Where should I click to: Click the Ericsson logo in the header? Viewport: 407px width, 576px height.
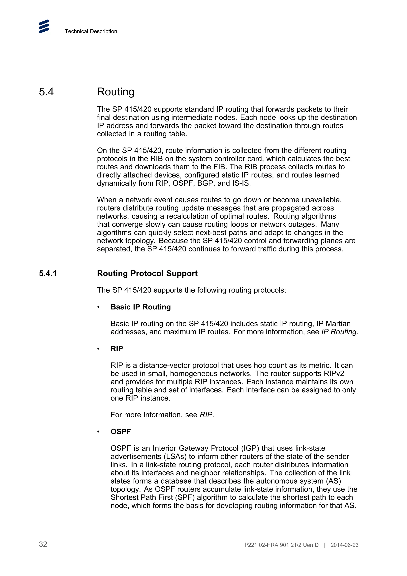coord(44,26)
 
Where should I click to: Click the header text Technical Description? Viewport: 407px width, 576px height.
coord(91,31)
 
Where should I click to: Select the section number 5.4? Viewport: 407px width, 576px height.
coord(46,92)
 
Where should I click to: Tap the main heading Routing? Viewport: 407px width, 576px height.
coord(116,92)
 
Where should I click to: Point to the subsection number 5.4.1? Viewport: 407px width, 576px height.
coord(48,273)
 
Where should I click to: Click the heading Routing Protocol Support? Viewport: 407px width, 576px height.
coord(147,273)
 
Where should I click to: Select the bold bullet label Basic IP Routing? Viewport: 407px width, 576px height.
coord(141,307)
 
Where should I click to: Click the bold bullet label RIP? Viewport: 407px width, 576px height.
coord(117,349)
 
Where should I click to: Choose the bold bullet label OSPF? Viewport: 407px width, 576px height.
coord(121,432)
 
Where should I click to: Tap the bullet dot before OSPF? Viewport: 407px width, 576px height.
coord(99,432)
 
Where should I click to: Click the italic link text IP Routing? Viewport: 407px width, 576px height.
coord(339,332)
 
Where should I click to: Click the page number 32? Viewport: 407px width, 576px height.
coord(43,544)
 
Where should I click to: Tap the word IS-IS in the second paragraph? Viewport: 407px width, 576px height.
coord(241,183)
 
